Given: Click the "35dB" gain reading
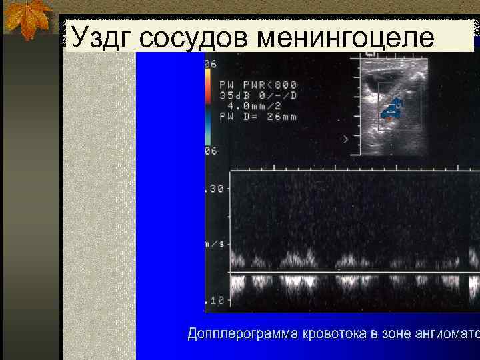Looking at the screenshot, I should pyautogui.click(x=233, y=96).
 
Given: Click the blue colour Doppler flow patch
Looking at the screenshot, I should pyautogui.click(x=392, y=109).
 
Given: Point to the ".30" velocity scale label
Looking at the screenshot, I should pyautogui.click(x=215, y=189).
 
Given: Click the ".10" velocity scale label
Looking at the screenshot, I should pyautogui.click(x=215, y=301).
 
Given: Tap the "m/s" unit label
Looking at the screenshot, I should pyautogui.click(x=215, y=244).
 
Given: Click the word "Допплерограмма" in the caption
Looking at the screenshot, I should pyautogui.click(x=242, y=333).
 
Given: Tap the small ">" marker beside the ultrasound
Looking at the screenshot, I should pyautogui.click(x=345, y=139).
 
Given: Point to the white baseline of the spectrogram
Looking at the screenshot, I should pyautogui.click(x=353, y=273).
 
